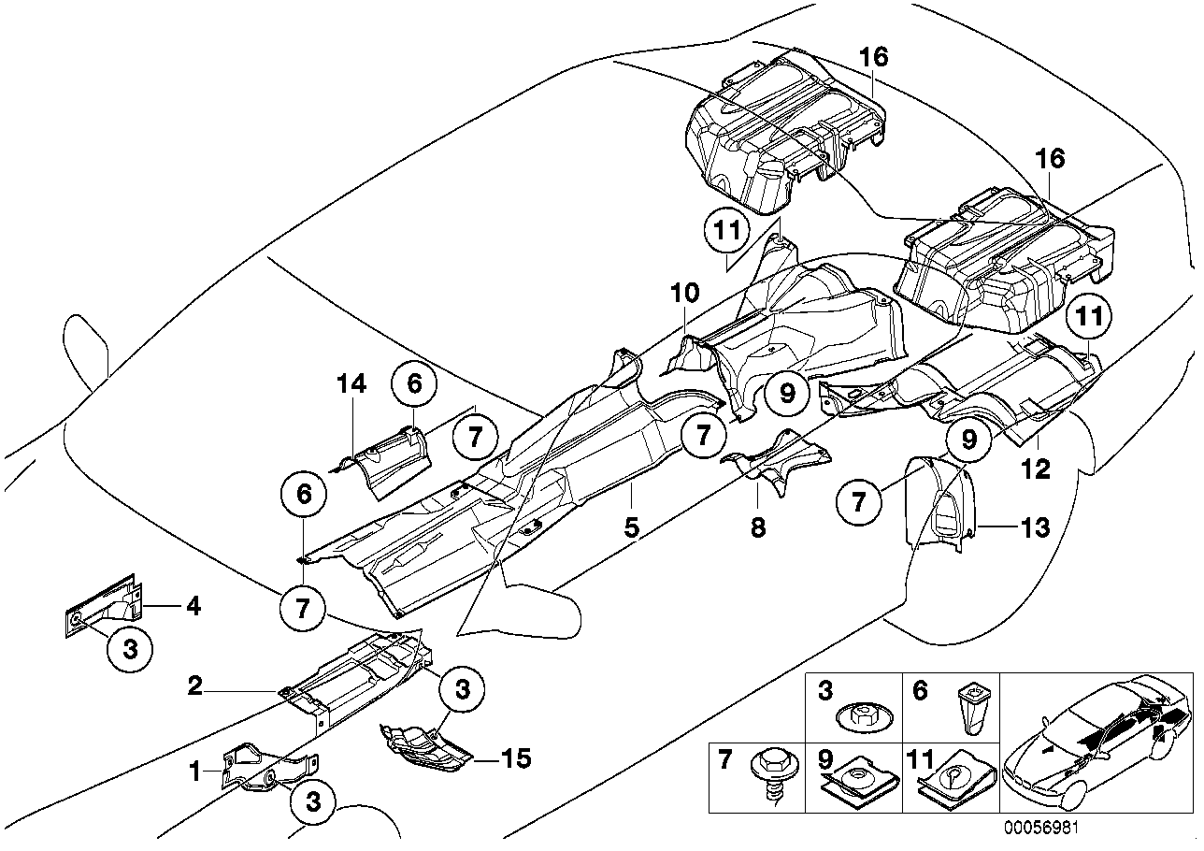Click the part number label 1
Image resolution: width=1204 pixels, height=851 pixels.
(x=194, y=772)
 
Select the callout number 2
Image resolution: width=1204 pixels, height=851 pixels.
(x=194, y=687)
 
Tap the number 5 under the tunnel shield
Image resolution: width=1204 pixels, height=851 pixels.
(x=633, y=527)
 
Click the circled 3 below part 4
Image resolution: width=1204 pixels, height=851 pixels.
(x=131, y=650)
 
